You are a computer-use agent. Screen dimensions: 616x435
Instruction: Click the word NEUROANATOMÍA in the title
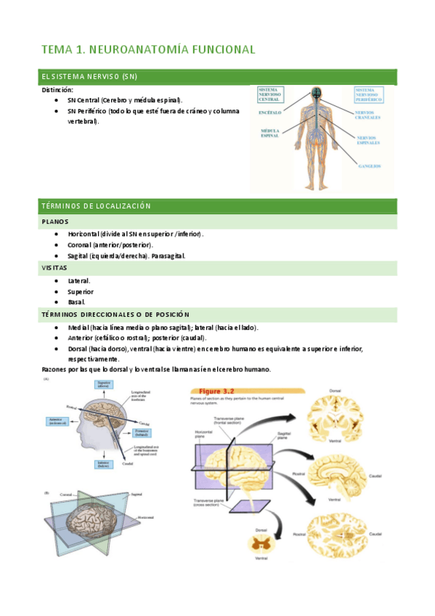(x=138, y=49)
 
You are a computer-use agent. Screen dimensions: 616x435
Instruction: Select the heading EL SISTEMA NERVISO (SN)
(x=89, y=76)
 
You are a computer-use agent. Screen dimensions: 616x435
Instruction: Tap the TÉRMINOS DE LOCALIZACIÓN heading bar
(x=96, y=206)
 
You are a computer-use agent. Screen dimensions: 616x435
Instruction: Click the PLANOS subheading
(x=55, y=222)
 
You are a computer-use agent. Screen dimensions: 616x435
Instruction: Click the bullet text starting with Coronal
(x=110, y=246)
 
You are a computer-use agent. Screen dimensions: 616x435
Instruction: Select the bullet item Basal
(x=76, y=301)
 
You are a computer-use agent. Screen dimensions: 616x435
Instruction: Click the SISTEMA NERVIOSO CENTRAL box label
(x=271, y=95)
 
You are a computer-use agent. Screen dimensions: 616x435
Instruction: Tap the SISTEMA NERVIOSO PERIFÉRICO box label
(x=370, y=95)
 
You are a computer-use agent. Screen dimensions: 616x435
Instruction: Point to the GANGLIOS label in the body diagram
(x=370, y=166)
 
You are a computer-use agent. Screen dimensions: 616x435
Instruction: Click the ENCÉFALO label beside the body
(x=269, y=113)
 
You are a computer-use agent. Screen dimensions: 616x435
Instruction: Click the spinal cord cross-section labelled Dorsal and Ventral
(x=259, y=543)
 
